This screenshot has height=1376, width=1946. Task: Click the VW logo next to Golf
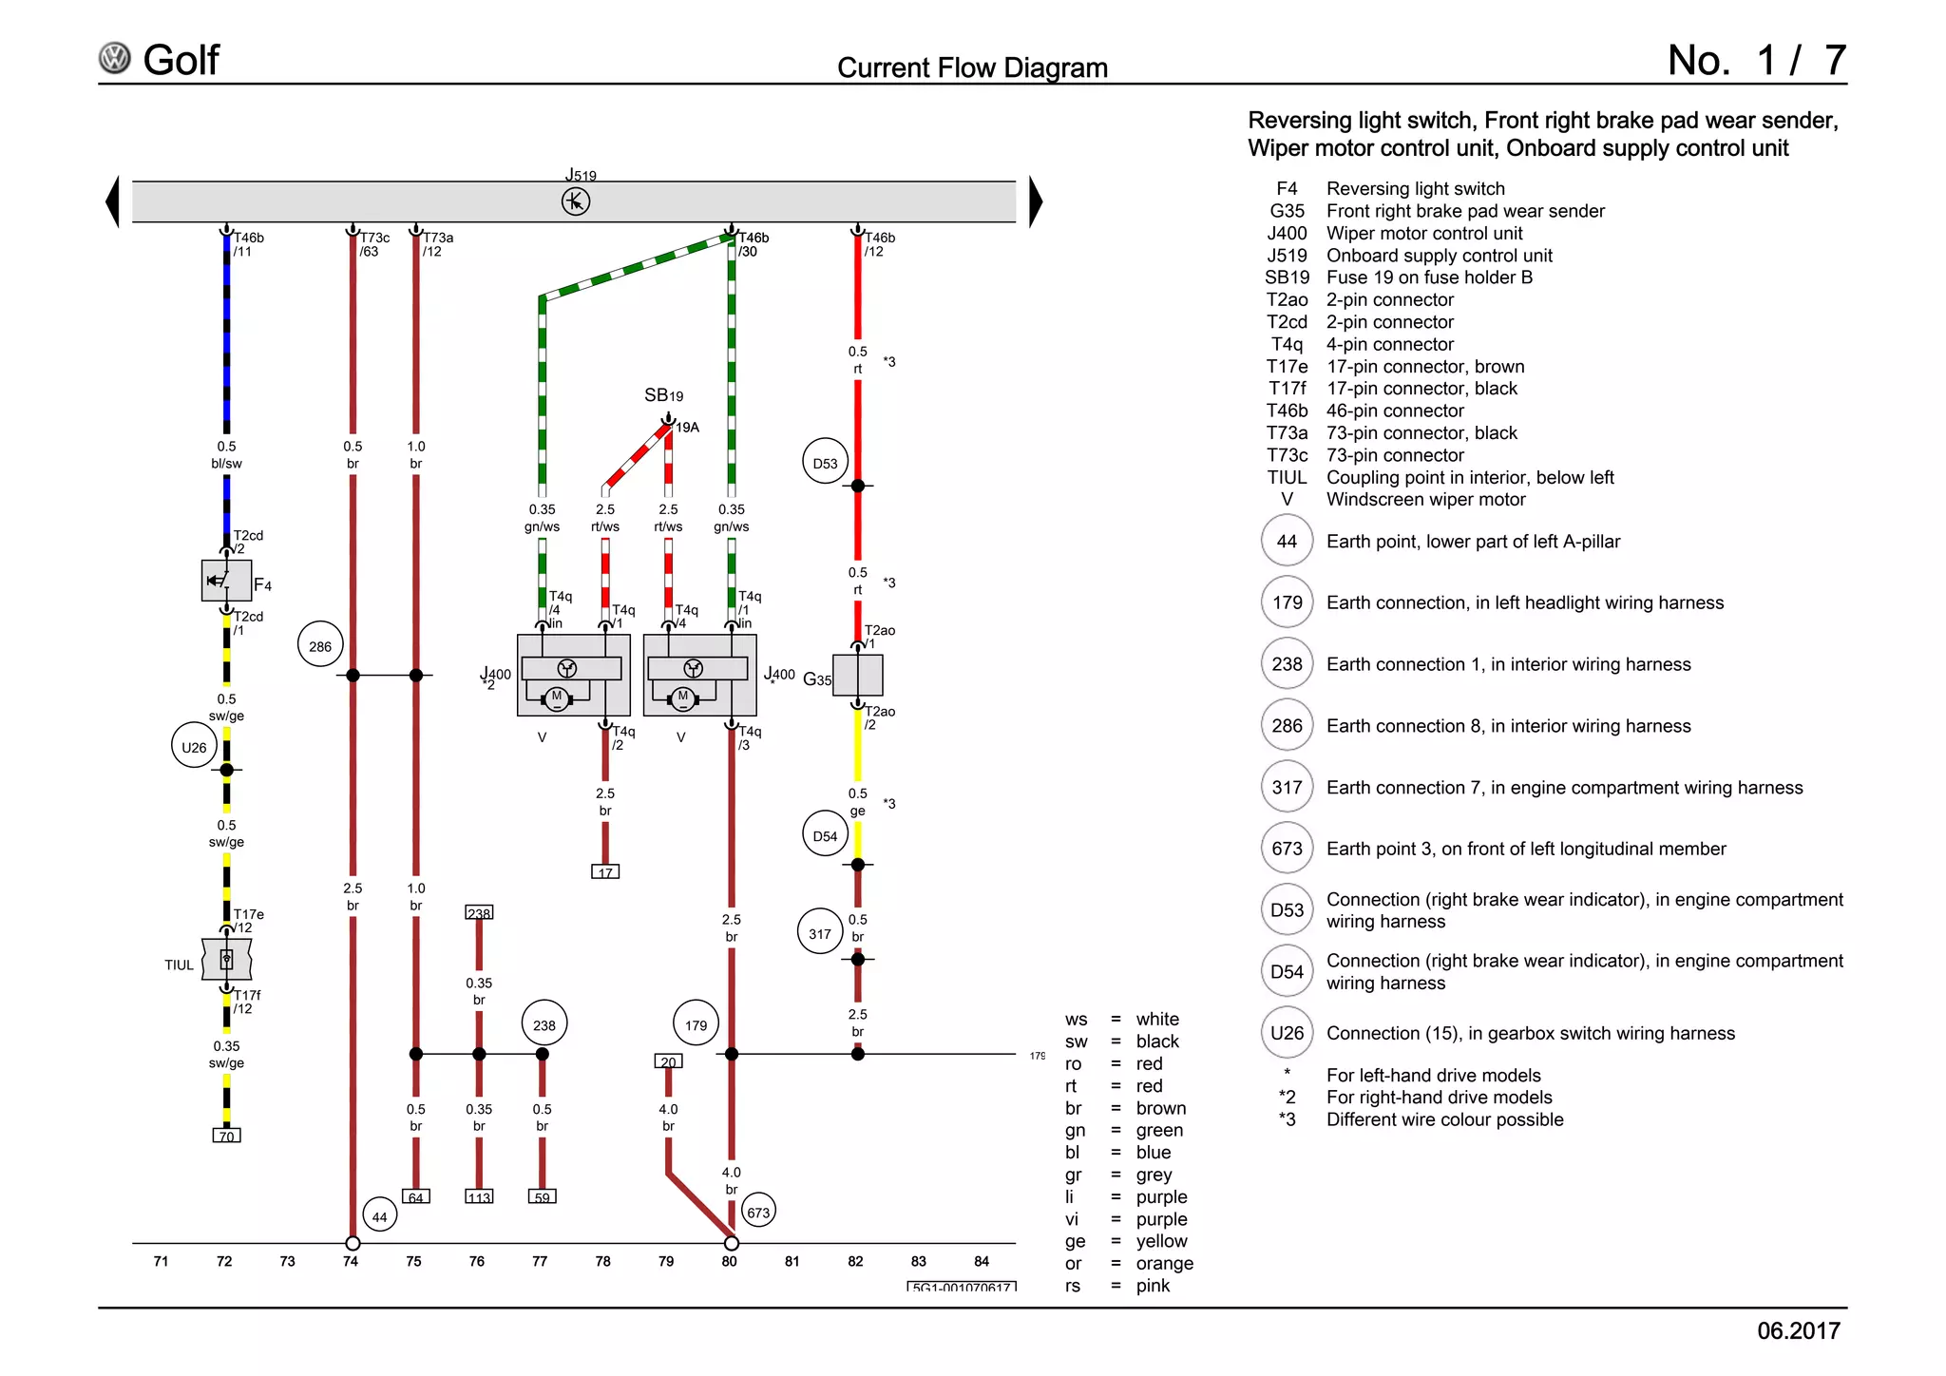point(115,59)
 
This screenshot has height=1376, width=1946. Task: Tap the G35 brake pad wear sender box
point(857,676)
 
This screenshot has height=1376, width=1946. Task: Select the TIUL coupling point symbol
point(226,960)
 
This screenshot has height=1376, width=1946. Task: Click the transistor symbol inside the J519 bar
point(576,201)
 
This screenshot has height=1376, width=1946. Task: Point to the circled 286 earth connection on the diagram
point(320,646)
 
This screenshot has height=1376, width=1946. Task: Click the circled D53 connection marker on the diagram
point(825,463)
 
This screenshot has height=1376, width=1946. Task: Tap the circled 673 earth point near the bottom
point(758,1212)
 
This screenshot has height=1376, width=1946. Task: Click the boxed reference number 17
point(605,871)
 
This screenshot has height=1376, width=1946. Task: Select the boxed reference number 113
point(479,1196)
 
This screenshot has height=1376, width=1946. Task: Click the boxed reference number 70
point(226,1136)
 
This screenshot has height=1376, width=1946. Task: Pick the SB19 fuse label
point(663,395)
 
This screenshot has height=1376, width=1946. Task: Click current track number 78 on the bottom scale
point(602,1261)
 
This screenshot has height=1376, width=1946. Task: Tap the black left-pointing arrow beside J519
point(113,201)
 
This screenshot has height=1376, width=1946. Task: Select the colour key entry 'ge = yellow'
point(1126,1241)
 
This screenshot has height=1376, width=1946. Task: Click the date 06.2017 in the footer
point(1798,1330)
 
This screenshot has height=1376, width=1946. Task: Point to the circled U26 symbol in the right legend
point(1287,1033)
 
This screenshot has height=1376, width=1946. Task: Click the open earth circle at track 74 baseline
point(353,1243)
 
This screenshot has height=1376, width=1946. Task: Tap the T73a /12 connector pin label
point(437,244)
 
